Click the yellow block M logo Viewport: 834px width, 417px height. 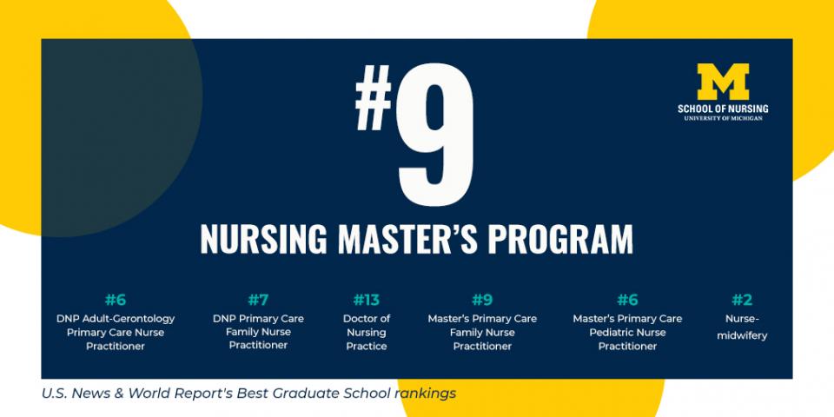point(723,82)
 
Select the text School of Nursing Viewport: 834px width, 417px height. point(723,109)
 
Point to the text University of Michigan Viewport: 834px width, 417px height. point(723,118)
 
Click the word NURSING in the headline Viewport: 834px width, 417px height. point(263,239)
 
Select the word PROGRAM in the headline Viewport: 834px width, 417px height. point(560,239)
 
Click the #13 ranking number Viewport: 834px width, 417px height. point(367,301)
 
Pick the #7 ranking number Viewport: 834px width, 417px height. point(258,301)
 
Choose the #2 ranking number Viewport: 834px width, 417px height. point(742,301)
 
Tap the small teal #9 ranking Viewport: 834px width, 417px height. point(482,301)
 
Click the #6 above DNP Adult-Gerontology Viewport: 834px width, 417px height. point(116,301)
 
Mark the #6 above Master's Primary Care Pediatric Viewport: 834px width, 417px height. point(627,301)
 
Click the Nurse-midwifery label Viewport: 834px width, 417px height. point(742,328)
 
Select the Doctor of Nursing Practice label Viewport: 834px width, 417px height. point(367,333)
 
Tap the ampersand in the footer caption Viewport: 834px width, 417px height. point(119,394)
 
